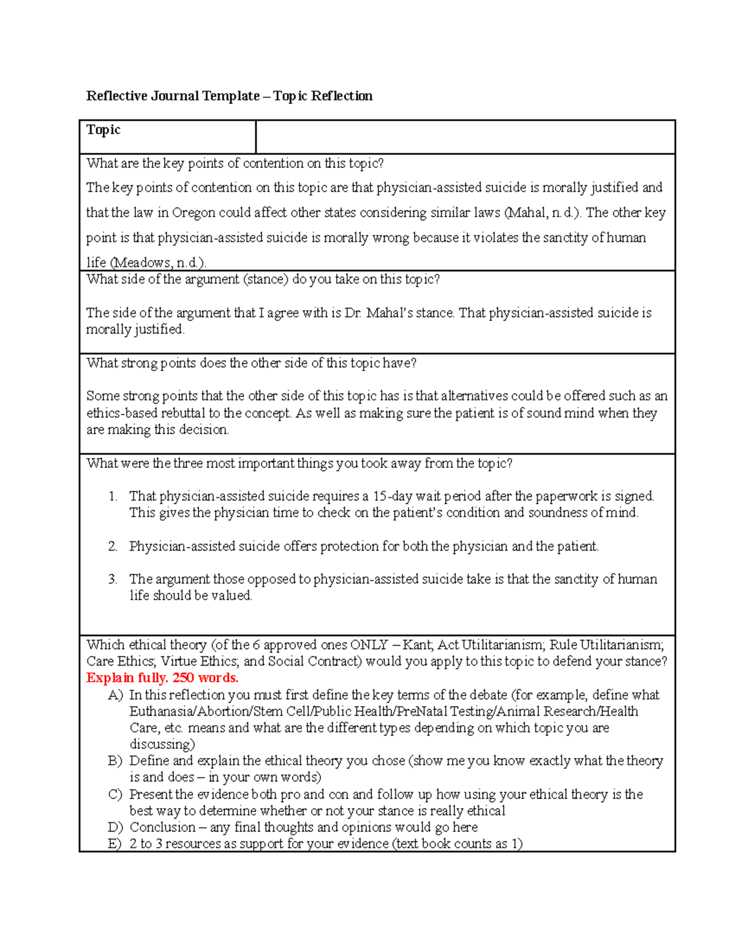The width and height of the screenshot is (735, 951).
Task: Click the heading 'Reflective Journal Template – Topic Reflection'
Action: point(229,96)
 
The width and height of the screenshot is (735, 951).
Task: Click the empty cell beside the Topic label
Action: point(465,137)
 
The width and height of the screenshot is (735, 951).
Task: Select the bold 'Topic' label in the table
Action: point(104,130)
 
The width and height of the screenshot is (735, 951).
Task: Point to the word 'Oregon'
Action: point(194,213)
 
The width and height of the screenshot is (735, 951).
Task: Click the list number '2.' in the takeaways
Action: point(113,546)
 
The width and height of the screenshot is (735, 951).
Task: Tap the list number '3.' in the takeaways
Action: point(113,579)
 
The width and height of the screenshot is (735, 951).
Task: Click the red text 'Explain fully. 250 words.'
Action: point(162,678)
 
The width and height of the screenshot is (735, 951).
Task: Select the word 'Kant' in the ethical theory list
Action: point(417,645)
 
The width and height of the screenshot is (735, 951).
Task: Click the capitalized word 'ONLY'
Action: point(369,645)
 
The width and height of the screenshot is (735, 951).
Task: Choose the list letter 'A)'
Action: point(115,695)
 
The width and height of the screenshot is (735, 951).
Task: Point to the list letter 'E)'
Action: point(115,844)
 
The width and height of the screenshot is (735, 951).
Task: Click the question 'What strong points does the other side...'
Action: point(251,363)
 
